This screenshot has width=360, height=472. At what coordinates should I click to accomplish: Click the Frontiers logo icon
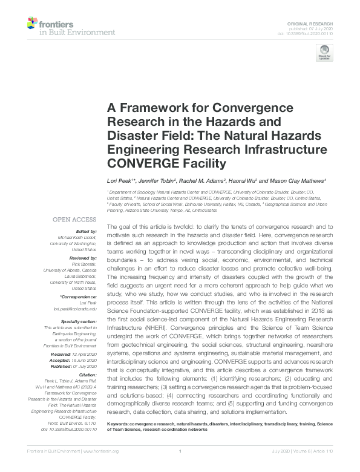tap(33, 24)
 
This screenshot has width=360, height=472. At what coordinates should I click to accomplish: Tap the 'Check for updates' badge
tap(321, 54)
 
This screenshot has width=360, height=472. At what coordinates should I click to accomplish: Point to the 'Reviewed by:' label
tap(82, 255)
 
